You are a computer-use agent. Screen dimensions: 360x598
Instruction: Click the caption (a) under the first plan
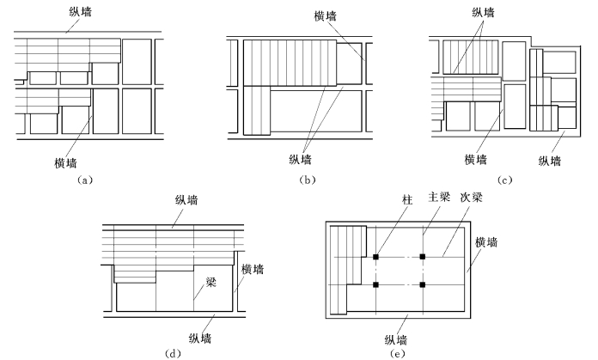(83, 180)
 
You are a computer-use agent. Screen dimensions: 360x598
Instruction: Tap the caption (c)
(505, 180)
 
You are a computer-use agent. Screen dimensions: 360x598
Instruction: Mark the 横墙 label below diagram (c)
(477, 159)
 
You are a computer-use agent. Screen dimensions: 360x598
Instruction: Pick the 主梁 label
(439, 195)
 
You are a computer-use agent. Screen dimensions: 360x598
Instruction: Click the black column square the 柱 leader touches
(376, 256)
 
